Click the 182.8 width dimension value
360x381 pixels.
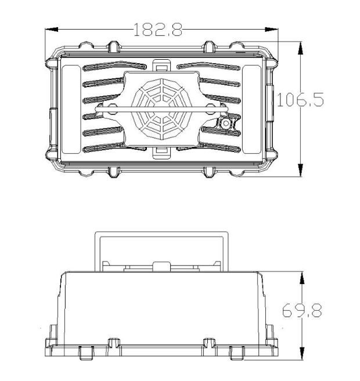[x=158, y=30]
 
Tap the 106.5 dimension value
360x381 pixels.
[x=301, y=99]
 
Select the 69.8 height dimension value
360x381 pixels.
[x=302, y=310]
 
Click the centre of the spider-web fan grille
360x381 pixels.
[x=161, y=109]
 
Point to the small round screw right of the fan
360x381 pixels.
[x=226, y=123]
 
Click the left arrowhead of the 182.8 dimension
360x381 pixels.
[x=52, y=30]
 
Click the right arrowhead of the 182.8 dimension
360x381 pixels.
[x=272, y=30]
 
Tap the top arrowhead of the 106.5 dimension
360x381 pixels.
[x=301, y=48]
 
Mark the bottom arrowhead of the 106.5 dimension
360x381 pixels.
[x=301, y=170]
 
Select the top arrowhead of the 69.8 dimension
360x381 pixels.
[x=302, y=278]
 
